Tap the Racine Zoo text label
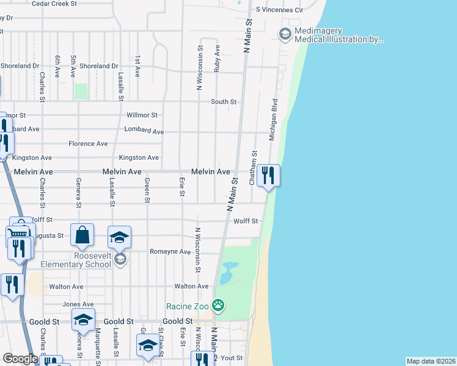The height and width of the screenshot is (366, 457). click(x=188, y=306)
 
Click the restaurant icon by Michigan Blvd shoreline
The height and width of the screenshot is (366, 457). click(x=268, y=176)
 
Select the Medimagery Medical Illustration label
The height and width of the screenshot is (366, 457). click(x=339, y=35)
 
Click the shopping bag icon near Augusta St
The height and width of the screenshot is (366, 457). click(x=82, y=235)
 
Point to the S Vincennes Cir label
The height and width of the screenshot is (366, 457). click(x=280, y=10)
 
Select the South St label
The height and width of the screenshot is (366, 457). click(x=224, y=102)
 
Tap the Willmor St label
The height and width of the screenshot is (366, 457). click(x=142, y=115)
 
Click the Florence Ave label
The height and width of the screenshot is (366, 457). click(x=88, y=143)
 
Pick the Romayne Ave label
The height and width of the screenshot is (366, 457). click(x=170, y=251)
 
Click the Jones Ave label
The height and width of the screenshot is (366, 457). click(x=78, y=304)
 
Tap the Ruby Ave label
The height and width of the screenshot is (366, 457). click(x=217, y=59)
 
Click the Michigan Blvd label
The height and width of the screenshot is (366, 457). click(x=274, y=116)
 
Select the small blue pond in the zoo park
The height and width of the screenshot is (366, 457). click(x=228, y=271)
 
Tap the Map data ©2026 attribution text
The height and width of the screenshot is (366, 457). click(x=431, y=361)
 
